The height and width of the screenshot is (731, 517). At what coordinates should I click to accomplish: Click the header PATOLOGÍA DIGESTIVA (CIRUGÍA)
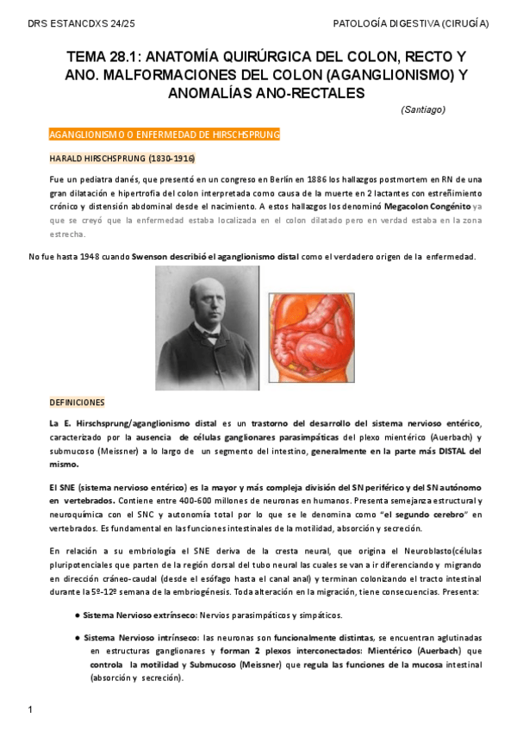[410, 24]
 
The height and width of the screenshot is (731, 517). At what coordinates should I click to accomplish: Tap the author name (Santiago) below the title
[423, 109]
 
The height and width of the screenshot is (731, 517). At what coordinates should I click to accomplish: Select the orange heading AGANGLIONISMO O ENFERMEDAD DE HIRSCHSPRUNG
[165, 135]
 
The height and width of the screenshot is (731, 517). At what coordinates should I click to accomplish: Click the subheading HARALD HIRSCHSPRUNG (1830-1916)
[121, 159]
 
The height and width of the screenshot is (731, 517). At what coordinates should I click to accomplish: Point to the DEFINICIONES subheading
[77, 403]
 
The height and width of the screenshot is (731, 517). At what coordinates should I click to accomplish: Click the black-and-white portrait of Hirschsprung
[207, 328]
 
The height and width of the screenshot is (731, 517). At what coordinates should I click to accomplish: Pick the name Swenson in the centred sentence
[150, 256]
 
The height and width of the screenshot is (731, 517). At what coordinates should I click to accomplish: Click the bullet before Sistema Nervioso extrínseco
[78, 615]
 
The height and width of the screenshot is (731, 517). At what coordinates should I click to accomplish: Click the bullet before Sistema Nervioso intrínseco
[78, 637]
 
